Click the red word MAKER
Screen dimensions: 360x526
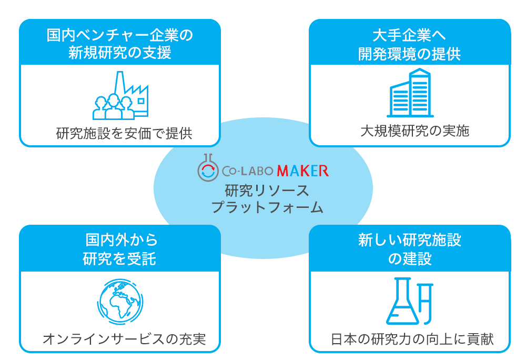click(x=302, y=171)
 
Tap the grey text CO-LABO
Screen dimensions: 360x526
click(x=247, y=171)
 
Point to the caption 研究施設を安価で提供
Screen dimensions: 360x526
click(x=124, y=134)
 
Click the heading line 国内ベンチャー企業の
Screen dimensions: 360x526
click(x=120, y=36)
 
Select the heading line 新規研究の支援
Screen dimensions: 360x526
click(x=120, y=53)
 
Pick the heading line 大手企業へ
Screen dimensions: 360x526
click(x=409, y=36)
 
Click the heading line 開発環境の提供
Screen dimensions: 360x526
click(x=409, y=54)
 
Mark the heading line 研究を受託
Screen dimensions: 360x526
click(x=119, y=258)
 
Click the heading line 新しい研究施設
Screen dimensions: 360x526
click(x=410, y=241)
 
